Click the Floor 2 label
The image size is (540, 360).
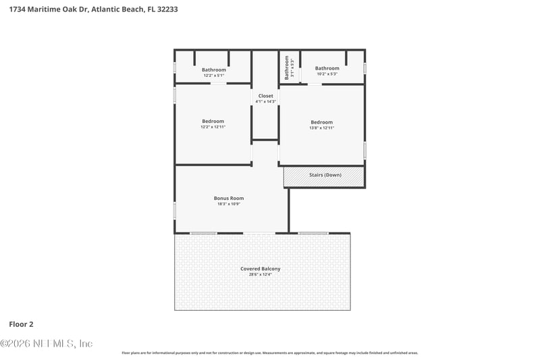22,324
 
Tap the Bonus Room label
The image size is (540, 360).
229,198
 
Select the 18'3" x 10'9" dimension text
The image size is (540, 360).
229,204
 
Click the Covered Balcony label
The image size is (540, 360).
260,269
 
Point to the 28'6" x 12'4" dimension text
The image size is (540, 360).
260,275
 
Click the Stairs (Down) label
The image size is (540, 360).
325,175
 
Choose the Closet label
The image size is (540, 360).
265,96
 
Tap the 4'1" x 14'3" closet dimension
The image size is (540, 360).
265,102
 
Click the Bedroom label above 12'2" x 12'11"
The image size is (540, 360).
213,121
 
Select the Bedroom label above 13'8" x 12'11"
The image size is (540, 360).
322,122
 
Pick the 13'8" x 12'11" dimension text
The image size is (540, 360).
322,128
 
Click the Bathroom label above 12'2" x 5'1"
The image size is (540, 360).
214,70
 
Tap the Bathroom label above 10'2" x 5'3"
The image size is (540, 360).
327,68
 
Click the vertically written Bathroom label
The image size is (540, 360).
286,68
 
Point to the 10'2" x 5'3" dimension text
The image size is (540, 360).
327,74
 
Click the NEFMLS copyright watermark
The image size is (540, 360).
47,343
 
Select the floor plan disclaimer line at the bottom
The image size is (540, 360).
269,353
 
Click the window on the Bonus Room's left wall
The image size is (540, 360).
175,210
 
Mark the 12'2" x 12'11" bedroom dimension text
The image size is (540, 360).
213,127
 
